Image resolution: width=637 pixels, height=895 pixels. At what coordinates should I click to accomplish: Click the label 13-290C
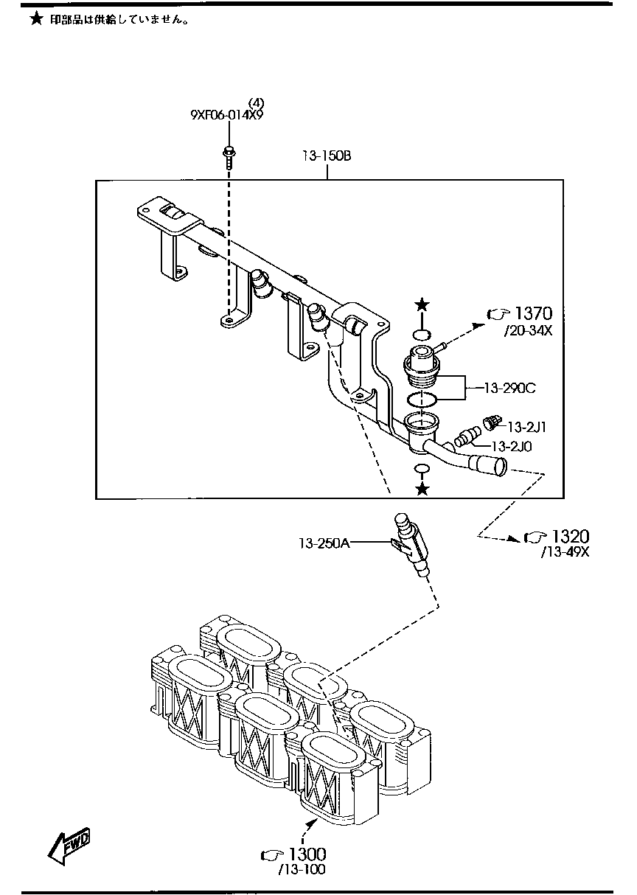pyautogui.click(x=510, y=386)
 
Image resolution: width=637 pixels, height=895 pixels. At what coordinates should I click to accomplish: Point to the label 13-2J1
pyautogui.click(x=526, y=427)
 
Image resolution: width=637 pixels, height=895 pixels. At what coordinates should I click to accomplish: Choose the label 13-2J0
pyautogui.click(x=512, y=446)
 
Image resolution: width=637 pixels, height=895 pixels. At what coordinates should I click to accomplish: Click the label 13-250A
pyautogui.click(x=324, y=543)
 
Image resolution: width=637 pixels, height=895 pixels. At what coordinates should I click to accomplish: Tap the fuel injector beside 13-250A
pyautogui.click(x=411, y=546)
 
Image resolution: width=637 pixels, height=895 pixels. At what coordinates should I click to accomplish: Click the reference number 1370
pyautogui.click(x=534, y=313)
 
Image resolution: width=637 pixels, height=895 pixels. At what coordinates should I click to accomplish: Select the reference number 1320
pyautogui.click(x=571, y=536)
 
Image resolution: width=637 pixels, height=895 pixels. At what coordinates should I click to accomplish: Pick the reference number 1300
pyautogui.click(x=307, y=854)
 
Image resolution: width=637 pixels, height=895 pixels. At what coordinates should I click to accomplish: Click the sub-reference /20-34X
pyautogui.click(x=528, y=331)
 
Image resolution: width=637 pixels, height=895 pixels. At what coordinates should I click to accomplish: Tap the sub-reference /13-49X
pyautogui.click(x=565, y=553)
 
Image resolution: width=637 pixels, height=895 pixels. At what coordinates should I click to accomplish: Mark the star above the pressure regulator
pyautogui.click(x=421, y=304)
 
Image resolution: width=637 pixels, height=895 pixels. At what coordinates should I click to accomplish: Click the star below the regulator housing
pyautogui.click(x=422, y=489)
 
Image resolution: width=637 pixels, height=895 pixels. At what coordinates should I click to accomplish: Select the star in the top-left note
pyautogui.click(x=35, y=20)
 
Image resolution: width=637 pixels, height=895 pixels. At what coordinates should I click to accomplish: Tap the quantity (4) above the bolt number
pyautogui.click(x=256, y=102)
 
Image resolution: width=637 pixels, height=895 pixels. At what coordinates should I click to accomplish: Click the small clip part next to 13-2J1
pyautogui.click(x=489, y=422)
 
